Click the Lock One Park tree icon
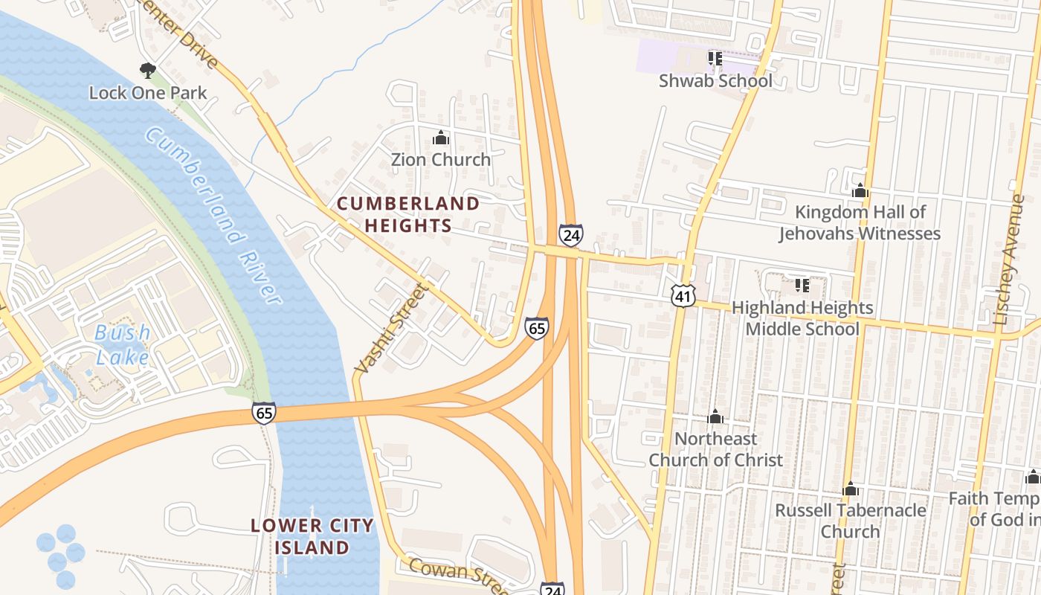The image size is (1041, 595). pos(147,71)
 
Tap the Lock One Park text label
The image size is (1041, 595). pos(147,93)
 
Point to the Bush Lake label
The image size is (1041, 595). pos(123,344)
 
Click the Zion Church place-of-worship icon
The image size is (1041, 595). pos(441,138)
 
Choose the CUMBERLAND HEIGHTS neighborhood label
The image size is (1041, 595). pos(408,214)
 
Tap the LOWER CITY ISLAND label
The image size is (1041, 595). pos(312,536)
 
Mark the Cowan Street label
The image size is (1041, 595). pos(454,573)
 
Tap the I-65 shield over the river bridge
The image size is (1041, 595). pos(263,413)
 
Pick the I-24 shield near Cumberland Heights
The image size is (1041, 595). pos(570,234)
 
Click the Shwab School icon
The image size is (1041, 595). pos(715,58)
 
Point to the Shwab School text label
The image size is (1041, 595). pos(715,80)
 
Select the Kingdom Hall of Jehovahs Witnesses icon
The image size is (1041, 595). pos(860,190)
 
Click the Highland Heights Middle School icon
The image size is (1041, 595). pos(802,286)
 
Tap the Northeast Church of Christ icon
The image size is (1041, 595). pos(715,416)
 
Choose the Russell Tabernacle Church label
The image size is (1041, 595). pos(851,521)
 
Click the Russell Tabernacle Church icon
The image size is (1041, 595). pos(851,489)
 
